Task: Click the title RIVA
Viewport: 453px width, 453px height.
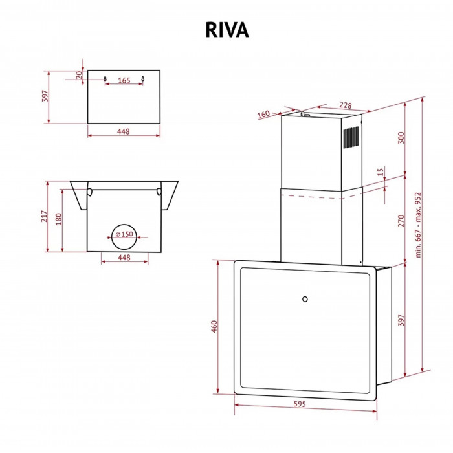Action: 226,30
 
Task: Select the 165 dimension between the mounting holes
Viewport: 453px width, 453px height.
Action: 124,81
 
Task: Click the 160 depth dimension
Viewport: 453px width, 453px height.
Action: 263,115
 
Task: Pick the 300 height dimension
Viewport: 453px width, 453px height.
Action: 401,138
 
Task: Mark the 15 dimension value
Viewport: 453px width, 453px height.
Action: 381,173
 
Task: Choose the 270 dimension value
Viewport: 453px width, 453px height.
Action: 401,220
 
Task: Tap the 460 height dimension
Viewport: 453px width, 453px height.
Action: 215,327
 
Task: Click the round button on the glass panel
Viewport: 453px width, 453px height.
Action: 305,299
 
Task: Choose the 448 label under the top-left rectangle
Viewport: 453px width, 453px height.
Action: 124,131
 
